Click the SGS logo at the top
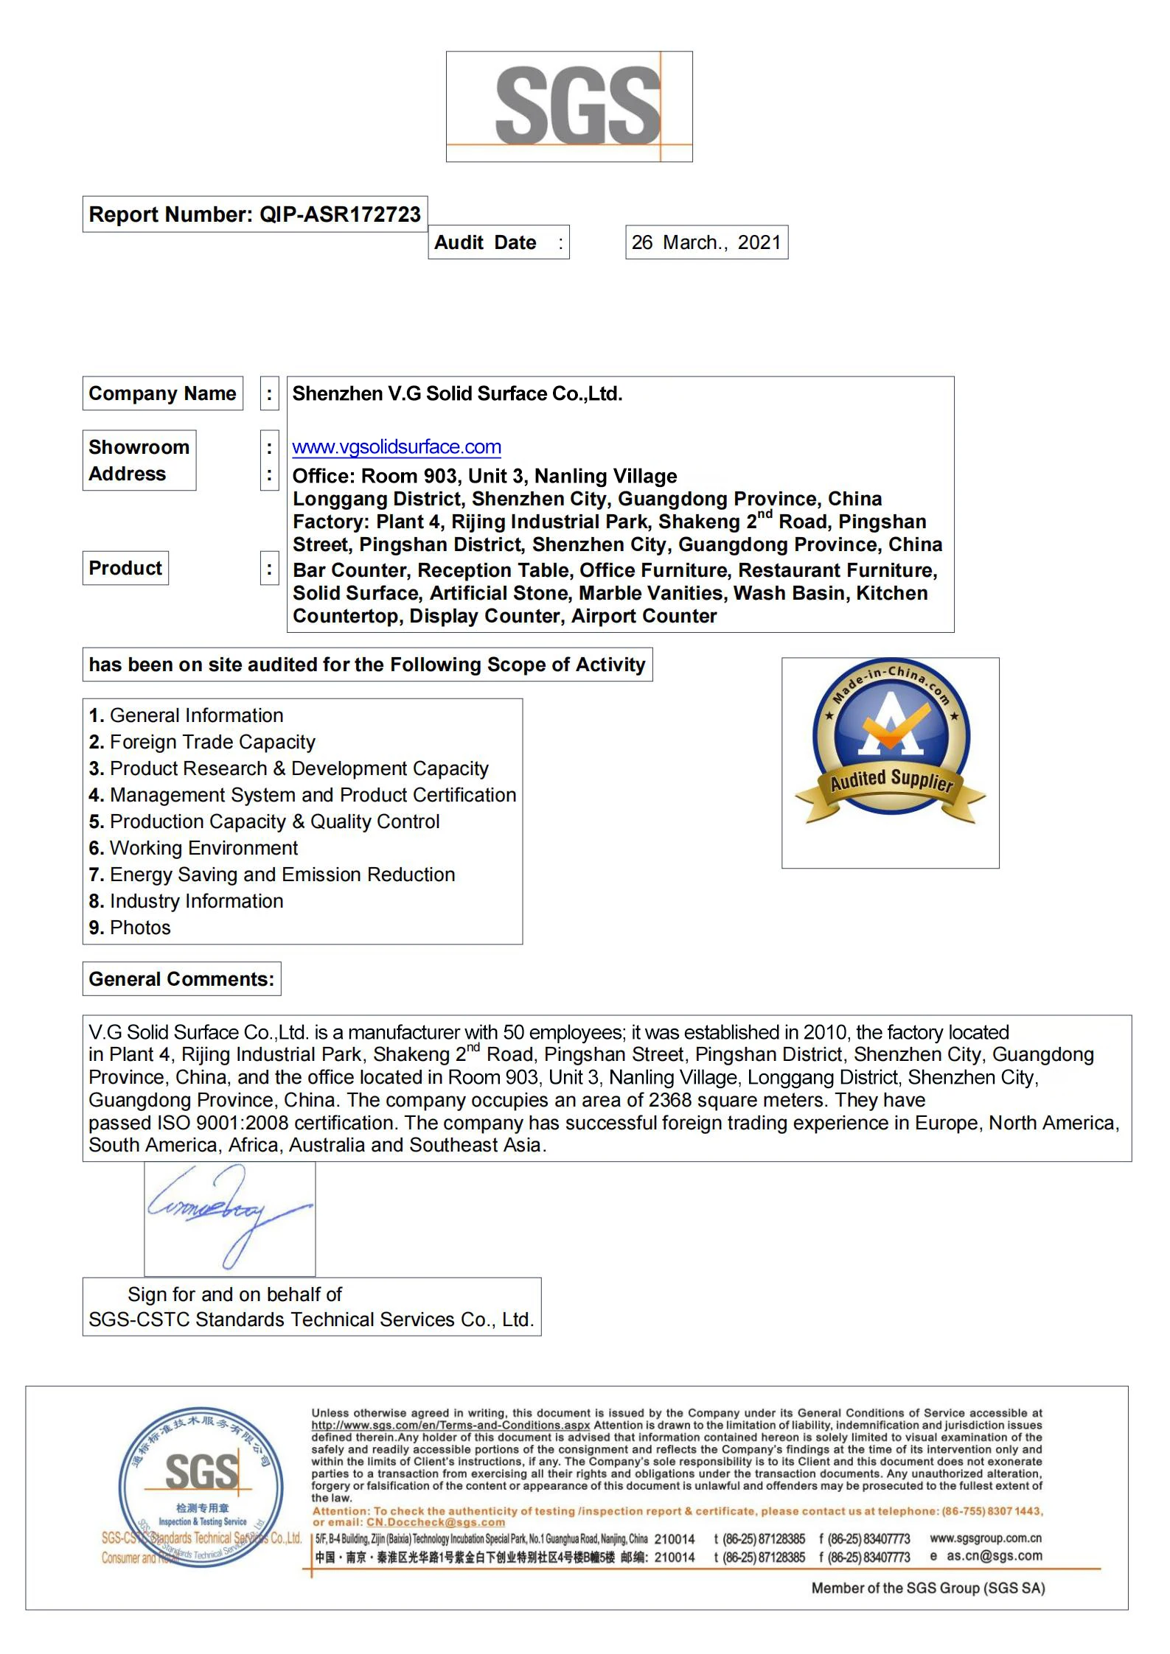coord(568,106)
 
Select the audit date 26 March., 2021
coord(706,242)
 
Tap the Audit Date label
coord(485,242)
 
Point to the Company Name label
coord(162,393)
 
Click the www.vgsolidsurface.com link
coord(397,447)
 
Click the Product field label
coord(125,568)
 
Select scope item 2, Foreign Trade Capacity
coord(202,742)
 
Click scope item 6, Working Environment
coord(193,848)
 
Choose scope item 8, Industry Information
coord(186,901)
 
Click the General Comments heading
coord(181,979)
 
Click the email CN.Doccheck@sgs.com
coord(436,1522)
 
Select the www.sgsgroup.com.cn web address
coord(986,1538)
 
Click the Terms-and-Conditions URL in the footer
coord(450,1426)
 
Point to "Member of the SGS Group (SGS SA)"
coord(927,1588)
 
